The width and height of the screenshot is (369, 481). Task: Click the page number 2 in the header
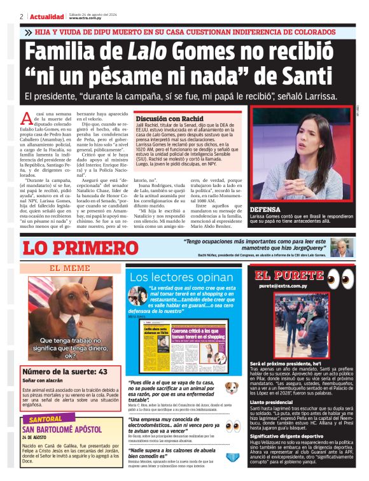pos(22,15)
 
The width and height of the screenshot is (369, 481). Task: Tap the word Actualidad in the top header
pos(48,15)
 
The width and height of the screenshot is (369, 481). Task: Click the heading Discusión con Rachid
pos(169,119)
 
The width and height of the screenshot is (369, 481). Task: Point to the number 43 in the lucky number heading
pos(102,372)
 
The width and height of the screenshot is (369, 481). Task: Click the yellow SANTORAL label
pos(46,419)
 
